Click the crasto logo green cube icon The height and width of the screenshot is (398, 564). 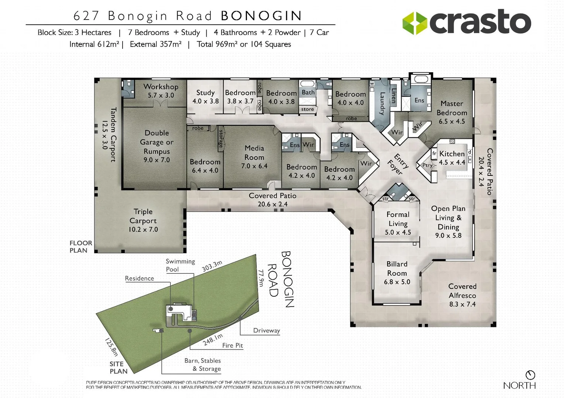tap(415, 23)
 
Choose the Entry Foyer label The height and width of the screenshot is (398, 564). tap(398, 164)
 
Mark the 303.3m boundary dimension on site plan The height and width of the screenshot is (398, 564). tap(212, 266)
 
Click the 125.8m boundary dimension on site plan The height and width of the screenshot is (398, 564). tap(111, 347)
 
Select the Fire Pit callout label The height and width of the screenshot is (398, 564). tap(233, 345)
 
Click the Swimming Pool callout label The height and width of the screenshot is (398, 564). tap(180, 265)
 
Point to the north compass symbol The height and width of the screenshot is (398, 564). tap(530, 375)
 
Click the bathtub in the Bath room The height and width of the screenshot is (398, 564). tap(307, 84)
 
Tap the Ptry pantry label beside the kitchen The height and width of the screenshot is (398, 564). tap(427, 165)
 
